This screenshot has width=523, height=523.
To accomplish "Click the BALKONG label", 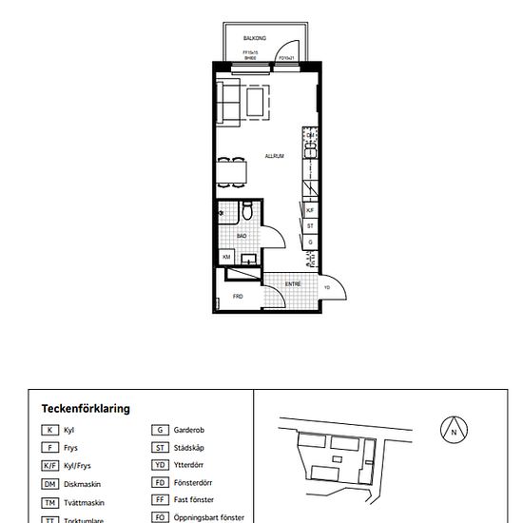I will [x=254, y=39].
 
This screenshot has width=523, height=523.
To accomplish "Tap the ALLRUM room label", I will [x=275, y=156].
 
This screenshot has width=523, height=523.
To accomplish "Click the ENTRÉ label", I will [x=293, y=283].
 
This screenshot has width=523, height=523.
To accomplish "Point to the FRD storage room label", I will [x=238, y=297].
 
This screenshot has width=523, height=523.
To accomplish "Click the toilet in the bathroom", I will [x=246, y=212].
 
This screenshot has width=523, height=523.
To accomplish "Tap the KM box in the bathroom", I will [x=227, y=257].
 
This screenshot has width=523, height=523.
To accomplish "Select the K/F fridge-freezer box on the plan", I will [x=310, y=211].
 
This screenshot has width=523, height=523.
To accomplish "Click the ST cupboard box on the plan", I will [x=310, y=226].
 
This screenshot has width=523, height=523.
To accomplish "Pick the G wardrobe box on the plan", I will [x=310, y=242].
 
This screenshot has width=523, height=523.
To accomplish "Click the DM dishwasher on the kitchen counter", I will [x=310, y=136].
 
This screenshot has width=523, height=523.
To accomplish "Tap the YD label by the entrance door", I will [x=327, y=287].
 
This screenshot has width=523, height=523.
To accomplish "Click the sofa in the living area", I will [x=228, y=103].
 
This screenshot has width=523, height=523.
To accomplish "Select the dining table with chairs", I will [x=232, y=172].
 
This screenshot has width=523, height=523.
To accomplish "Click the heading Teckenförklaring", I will [x=86, y=409].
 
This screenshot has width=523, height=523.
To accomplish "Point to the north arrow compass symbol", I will [x=455, y=431].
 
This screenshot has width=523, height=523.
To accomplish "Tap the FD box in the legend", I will [x=160, y=483].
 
